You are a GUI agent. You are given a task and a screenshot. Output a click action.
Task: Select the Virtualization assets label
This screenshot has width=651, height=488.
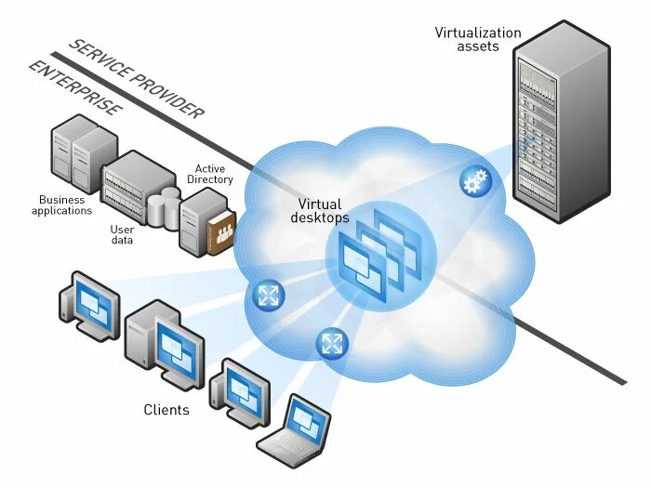[x=479, y=39]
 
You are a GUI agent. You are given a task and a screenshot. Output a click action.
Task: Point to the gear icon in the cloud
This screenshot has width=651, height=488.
[x=475, y=180]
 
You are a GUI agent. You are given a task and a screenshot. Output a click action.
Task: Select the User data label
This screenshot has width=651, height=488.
[x=122, y=234]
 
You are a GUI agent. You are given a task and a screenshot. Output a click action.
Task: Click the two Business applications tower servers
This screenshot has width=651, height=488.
[x=85, y=158]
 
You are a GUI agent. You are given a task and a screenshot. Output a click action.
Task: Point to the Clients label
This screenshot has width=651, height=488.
[x=166, y=409]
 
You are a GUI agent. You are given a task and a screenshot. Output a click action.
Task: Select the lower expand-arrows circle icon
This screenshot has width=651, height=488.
[x=331, y=342]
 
